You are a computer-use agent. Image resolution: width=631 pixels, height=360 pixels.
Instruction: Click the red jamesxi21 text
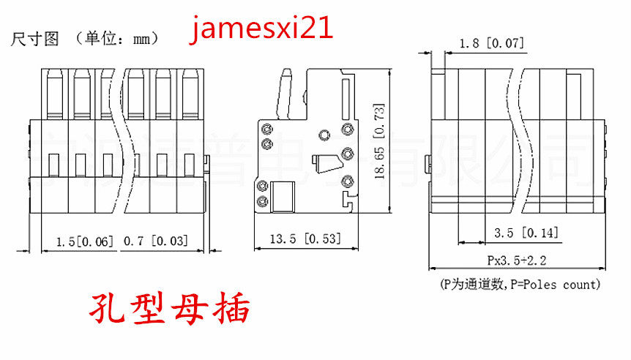[x=262, y=29]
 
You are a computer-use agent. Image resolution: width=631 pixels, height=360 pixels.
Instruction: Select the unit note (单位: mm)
[x=117, y=39]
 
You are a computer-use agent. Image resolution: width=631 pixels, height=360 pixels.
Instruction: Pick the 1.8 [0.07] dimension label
[x=492, y=44]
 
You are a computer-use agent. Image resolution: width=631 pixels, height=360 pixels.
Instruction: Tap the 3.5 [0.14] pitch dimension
[x=526, y=233]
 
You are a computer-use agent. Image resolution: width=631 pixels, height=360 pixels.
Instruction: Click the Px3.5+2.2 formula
[x=518, y=260]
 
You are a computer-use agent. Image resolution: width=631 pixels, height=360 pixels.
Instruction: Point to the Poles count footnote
[x=518, y=284]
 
